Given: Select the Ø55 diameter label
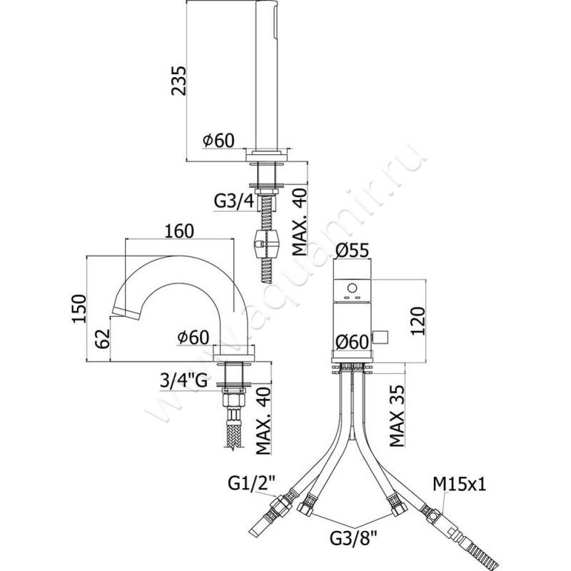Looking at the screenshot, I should coord(353,251).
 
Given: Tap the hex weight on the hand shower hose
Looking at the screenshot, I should coord(266,245).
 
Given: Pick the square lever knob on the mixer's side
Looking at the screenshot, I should coord(386,336).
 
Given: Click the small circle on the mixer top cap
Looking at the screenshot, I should coord(351,289).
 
